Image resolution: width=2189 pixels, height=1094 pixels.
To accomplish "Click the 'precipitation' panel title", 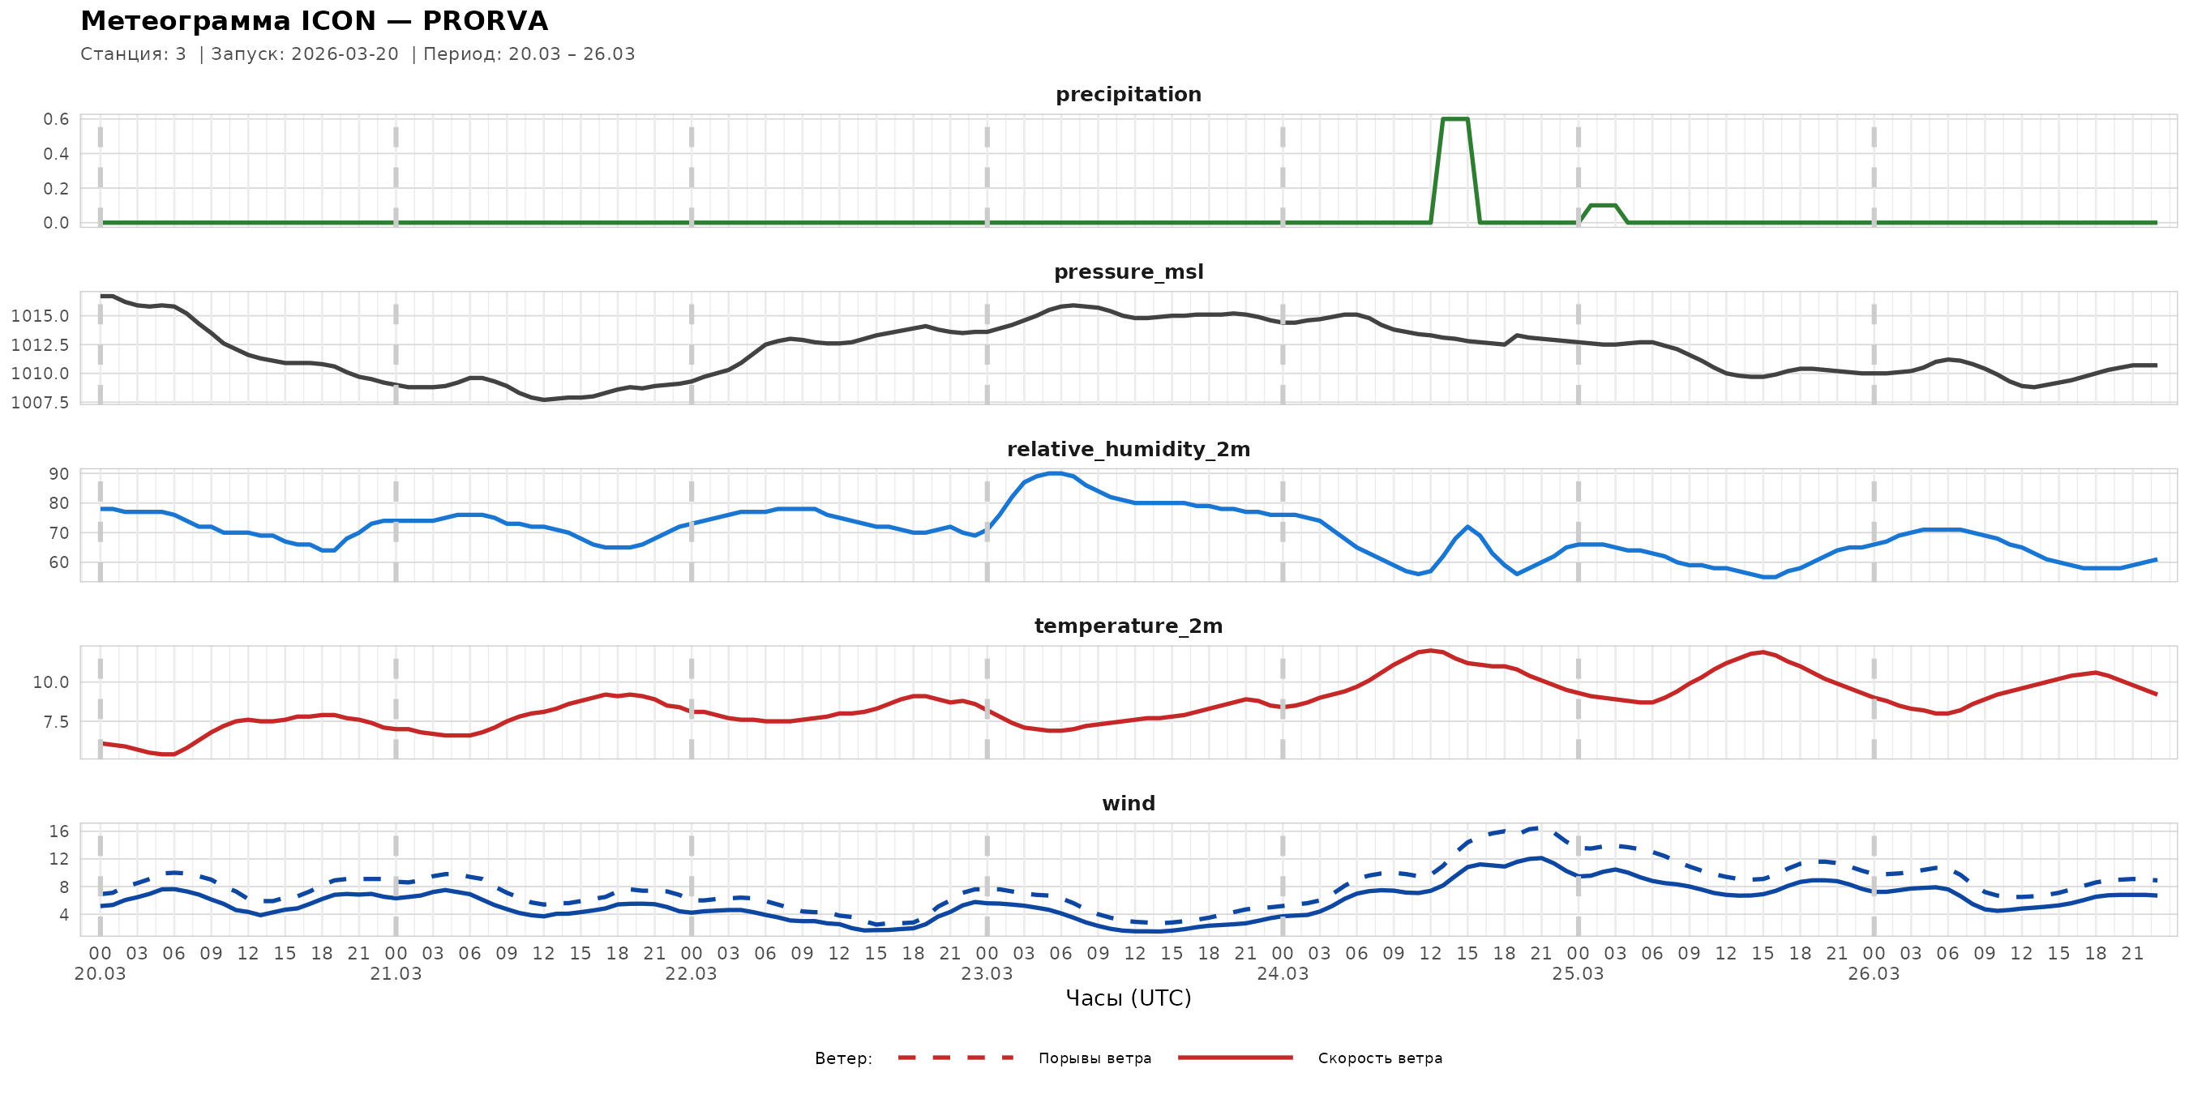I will [1128, 94].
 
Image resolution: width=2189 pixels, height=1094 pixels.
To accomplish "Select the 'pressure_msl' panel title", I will [1128, 271].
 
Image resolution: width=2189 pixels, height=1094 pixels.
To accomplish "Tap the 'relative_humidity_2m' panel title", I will [1128, 449].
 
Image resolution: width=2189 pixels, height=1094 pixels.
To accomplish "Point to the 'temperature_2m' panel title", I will [1128, 626].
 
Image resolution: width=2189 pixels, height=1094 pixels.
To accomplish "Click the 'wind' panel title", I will [1128, 804].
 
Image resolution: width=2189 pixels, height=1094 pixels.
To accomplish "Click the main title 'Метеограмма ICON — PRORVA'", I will [314, 21].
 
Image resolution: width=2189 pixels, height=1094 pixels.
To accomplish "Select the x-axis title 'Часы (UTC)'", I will [1128, 998].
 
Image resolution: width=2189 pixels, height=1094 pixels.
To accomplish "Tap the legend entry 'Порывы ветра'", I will [1094, 1058].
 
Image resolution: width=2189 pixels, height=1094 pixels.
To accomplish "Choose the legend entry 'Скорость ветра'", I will [1379, 1058].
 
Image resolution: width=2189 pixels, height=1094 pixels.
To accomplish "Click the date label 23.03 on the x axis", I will [987, 974].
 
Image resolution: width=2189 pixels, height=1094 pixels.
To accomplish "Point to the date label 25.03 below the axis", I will [1578, 974].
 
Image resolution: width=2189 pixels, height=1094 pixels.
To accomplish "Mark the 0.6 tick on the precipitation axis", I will [57, 119].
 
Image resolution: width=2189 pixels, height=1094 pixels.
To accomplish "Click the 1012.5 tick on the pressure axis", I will [40, 345].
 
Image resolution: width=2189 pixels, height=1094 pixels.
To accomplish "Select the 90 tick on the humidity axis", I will [59, 474].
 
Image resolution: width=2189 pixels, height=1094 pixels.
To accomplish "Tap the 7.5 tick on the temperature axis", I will [51, 722].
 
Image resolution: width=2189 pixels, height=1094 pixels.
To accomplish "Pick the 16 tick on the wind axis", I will [59, 831].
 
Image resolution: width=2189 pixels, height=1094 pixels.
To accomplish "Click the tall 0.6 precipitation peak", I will [1455, 119].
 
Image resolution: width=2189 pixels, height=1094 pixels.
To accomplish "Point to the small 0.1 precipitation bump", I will [1603, 206].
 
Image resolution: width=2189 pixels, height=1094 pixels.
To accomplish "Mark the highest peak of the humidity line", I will [1055, 473].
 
